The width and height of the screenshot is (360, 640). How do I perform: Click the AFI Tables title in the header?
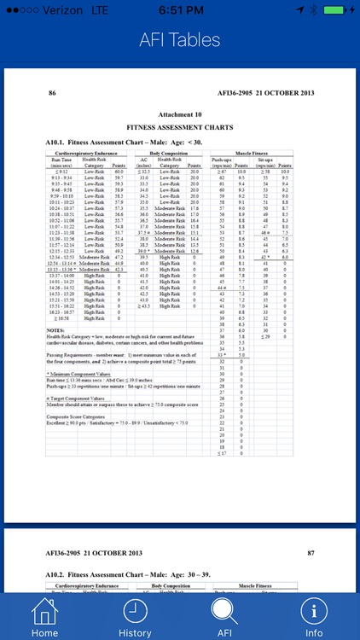click(180, 40)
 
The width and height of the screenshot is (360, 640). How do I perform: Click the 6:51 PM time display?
click(180, 9)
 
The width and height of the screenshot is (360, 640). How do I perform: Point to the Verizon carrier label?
click(53, 9)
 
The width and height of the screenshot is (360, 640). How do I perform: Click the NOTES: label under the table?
click(57, 329)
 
